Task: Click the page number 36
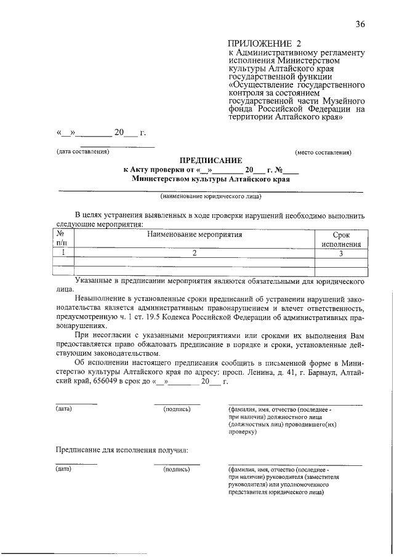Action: click(x=360, y=24)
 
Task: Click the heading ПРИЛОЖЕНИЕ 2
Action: click(x=266, y=44)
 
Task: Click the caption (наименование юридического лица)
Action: click(x=211, y=197)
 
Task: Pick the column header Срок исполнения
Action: click(x=341, y=239)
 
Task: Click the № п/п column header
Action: click(x=61, y=239)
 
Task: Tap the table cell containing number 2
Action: click(x=194, y=253)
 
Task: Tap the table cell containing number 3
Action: click(x=341, y=253)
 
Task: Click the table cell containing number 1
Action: click(x=61, y=253)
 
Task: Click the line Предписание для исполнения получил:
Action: click(x=119, y=451)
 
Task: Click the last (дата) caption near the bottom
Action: click(x=63, y=469)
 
